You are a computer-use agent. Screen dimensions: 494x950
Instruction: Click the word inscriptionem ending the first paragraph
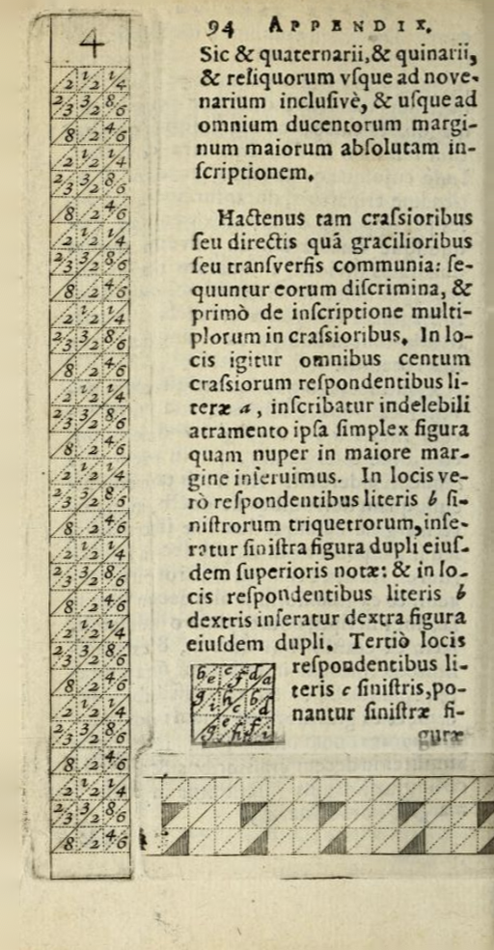pyautogui.click(x=255, y=174)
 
